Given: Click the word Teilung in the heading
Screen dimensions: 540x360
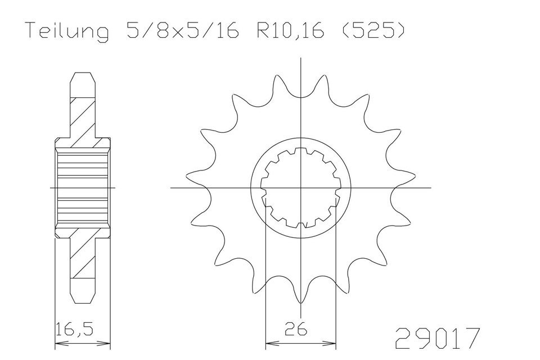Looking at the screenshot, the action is [x=68, y=31].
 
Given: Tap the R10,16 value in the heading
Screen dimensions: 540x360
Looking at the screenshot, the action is [x=289, y=31].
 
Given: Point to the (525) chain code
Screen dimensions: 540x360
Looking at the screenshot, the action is [x=372, y=31].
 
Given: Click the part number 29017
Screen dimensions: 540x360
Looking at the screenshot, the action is [x=437, y=338].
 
